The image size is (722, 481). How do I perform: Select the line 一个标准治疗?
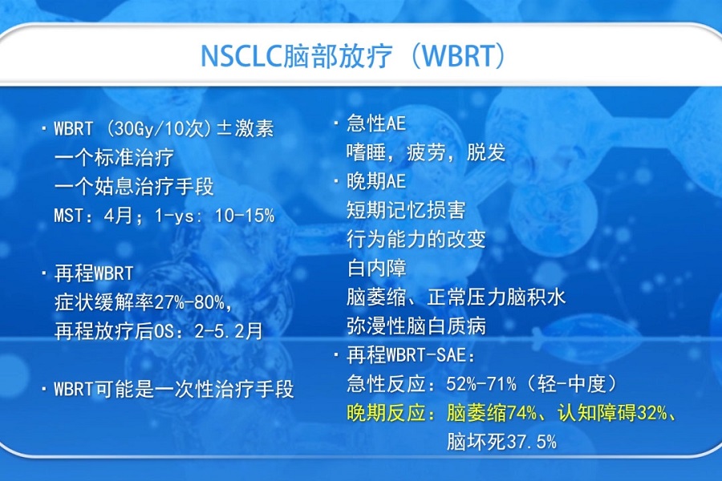click(113, 157)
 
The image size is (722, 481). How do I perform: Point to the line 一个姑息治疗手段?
click(134, 187)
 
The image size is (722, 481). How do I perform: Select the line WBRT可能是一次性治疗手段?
click(173, 390)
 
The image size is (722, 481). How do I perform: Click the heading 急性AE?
click(375, 123)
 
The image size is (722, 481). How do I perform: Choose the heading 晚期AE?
click(375, 182)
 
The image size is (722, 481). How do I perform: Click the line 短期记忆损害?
click(405, 211)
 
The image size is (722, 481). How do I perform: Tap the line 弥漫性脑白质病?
click(416, 326)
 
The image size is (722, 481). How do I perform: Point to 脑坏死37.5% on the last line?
click(501, 442)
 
